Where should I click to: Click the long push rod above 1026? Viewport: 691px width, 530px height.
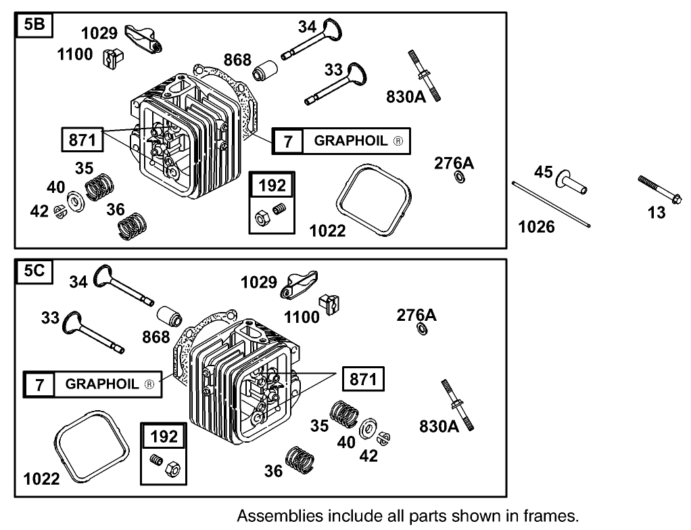552,204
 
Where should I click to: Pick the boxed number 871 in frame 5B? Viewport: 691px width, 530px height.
82,140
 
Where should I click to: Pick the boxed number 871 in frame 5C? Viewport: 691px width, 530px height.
362,380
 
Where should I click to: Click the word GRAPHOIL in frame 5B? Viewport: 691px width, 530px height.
352,141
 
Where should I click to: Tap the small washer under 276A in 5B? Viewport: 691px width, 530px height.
458,178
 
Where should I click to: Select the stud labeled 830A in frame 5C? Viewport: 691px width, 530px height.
458,403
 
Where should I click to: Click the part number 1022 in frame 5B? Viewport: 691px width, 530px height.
327,231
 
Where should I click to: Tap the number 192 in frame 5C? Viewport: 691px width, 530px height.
164,437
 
